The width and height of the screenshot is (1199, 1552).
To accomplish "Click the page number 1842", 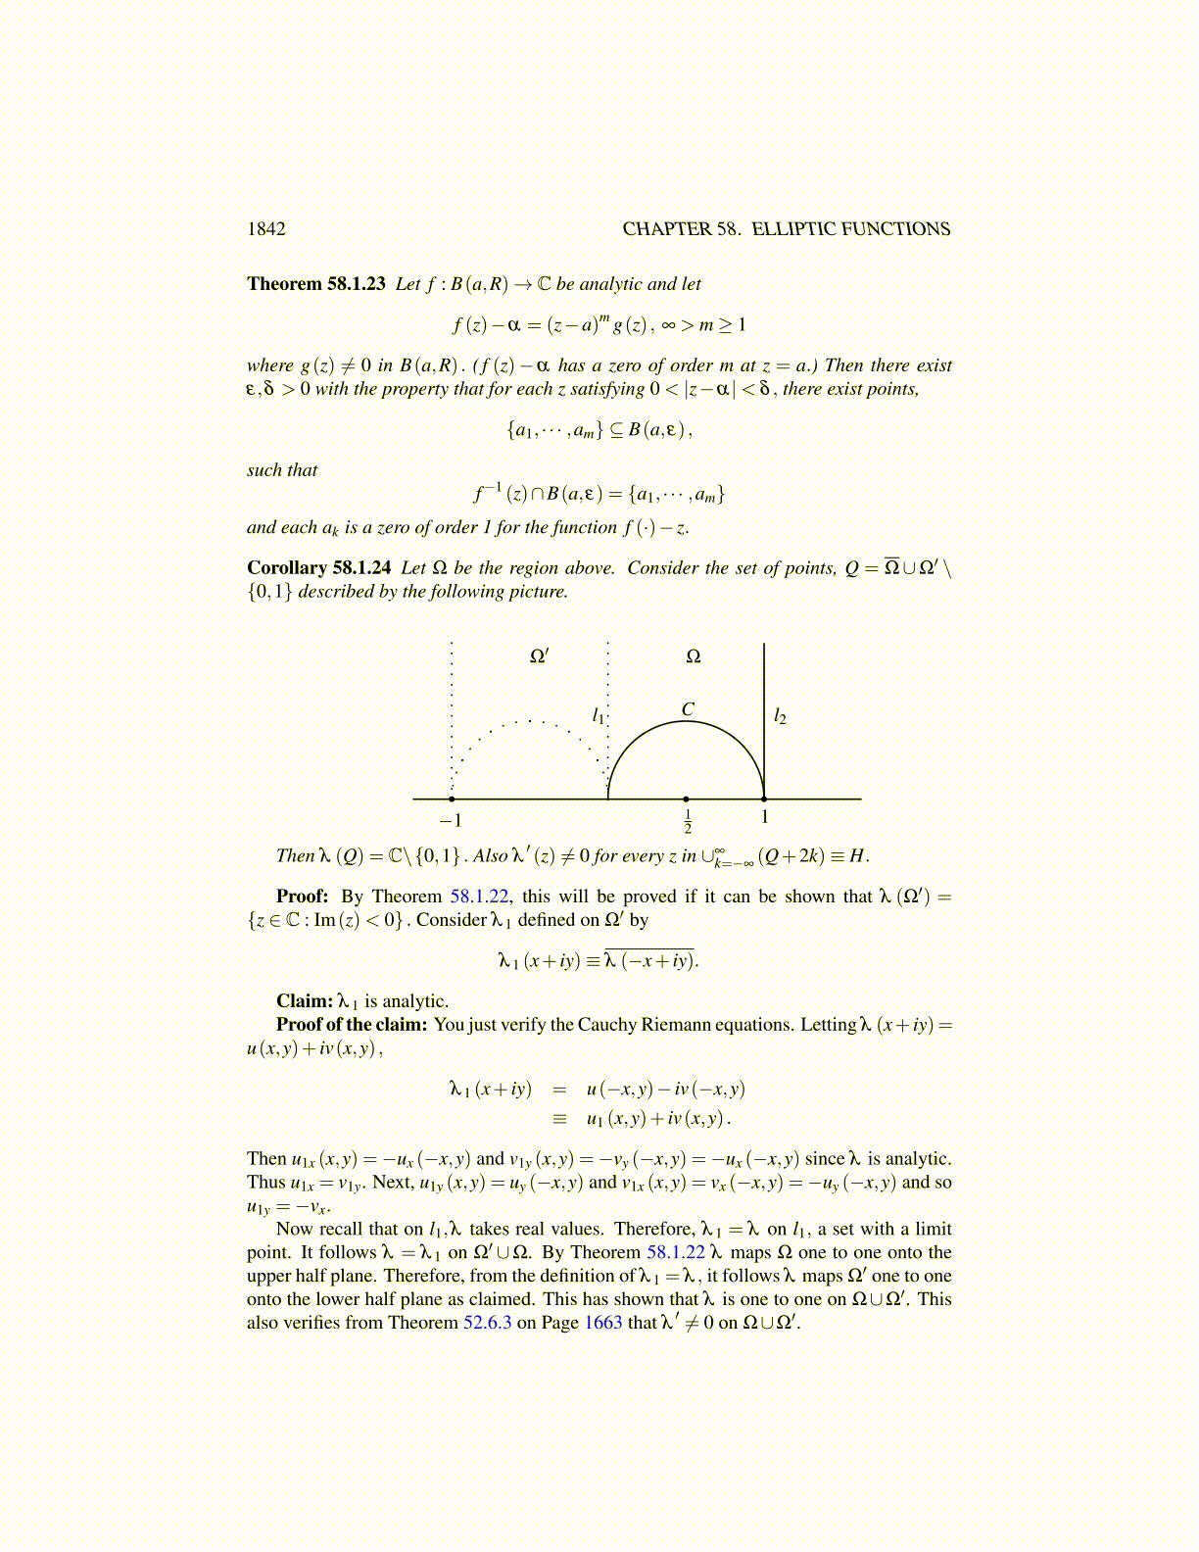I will point(265,229).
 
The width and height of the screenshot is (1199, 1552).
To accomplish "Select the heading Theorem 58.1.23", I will point(315,284).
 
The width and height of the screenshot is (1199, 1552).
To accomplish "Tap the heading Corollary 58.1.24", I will point(318,568).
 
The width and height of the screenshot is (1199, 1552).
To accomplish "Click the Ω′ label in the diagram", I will point(539,656).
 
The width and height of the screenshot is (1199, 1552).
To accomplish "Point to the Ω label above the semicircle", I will point(693,656).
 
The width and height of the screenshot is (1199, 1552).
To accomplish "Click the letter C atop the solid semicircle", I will point(688,709).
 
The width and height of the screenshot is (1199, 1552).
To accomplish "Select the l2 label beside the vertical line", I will point(780,717).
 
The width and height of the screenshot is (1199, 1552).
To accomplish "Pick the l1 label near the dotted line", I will point(599,716).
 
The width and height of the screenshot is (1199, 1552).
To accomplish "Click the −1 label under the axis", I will point(450,821).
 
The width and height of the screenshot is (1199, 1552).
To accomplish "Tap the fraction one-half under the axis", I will point(687,822).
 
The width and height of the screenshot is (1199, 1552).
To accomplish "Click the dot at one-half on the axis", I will point(686,800).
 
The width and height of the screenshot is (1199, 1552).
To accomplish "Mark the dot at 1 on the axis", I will point(764,800).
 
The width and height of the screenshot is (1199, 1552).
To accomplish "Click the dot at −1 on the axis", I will point(451,800).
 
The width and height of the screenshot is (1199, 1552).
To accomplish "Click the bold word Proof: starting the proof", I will point(302,897).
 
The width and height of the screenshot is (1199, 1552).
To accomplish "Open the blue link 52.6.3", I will point(487,1323).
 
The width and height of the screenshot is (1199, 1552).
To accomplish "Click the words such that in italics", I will point(282,470).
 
